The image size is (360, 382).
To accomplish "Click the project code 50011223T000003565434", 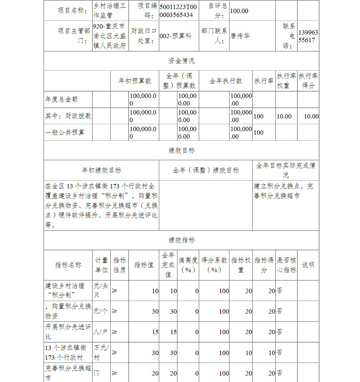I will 178,10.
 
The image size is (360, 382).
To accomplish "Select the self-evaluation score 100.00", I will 239,11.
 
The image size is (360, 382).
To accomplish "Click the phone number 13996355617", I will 308,36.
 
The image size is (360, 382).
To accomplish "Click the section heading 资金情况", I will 181,61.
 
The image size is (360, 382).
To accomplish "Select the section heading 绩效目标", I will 181,150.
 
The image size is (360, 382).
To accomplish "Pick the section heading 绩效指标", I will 181,240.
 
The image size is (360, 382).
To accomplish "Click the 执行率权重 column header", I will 287,81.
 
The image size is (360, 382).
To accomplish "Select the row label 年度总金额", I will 62,99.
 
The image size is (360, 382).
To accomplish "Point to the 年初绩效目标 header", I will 101,170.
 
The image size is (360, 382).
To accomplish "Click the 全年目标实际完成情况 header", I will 285,170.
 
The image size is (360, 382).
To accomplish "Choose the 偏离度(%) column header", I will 188,265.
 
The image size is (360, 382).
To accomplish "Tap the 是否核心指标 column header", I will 287,265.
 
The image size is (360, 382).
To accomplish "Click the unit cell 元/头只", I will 101,291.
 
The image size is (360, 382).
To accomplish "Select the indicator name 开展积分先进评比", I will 68,332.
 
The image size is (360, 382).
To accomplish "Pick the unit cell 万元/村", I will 101,352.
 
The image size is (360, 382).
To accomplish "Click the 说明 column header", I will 308,265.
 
